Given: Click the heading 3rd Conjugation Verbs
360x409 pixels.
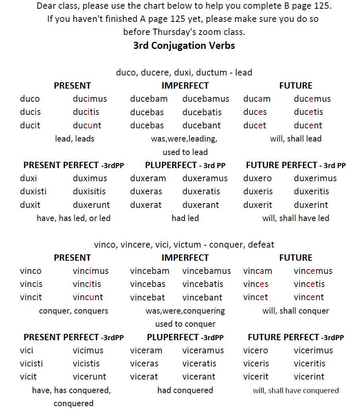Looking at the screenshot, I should point(184,45).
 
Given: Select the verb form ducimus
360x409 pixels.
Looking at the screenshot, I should point(90,99).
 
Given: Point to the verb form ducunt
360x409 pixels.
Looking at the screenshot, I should point(87,126).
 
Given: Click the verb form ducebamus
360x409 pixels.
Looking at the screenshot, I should point(206,99).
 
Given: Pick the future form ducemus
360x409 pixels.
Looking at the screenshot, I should point(312,99).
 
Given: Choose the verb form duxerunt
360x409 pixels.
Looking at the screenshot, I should point(91,205).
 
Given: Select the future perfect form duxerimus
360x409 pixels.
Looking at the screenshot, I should point(315,178).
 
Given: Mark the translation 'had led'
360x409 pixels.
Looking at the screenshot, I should point(185,218).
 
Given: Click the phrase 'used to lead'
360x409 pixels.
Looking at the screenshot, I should point(185,152).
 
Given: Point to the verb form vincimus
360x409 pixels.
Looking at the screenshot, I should point(90,271).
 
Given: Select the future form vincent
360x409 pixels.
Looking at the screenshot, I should point(309,297).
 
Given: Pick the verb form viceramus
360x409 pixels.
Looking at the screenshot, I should point(203,351).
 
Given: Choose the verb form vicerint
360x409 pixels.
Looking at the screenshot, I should point(309,377).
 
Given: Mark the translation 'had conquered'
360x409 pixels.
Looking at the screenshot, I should point(185,390).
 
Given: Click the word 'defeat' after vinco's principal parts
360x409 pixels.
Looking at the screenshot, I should point(261,244).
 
